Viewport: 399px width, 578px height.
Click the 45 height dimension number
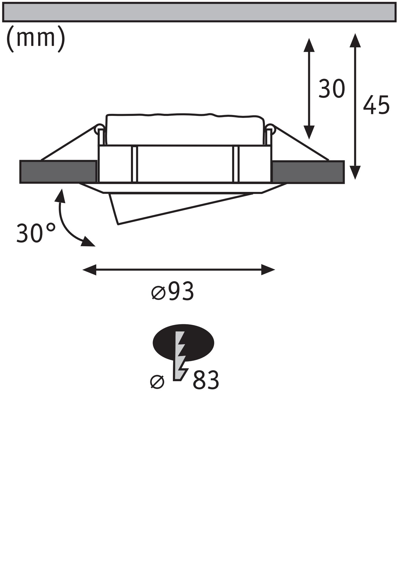pyautogui.click(x=376, y=105)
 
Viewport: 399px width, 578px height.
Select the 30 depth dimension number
pyautogui.click(x=332, y=88)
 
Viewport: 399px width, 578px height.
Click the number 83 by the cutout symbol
pyautogui.click(x=206, y=380)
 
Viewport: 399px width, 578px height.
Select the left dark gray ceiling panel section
pyautogui.click(x=58, y=172)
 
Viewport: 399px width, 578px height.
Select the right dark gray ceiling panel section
pyautogui.click(x=308, y=172)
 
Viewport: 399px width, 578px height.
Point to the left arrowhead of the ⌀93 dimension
pyautogui.click(x=89, y=270)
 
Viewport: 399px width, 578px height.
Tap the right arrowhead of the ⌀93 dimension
pyautogui.click(x=268, y=270)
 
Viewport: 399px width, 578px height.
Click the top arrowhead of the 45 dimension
pyautogui.click(x=355, y=40)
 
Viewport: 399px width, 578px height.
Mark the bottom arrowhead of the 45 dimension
pyautogui.click(x=355, y=172)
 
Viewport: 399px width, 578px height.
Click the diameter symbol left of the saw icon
pyautogui.click(x=158, y=382)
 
